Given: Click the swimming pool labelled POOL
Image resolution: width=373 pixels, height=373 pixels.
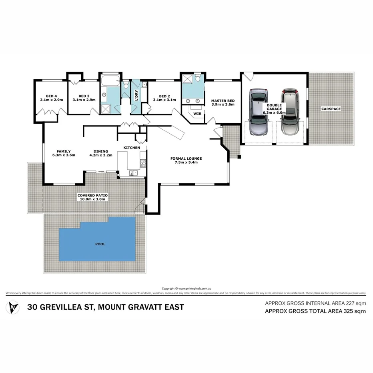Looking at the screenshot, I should tap(98, 244).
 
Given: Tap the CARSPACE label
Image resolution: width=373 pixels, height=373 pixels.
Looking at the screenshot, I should tap(331, 108).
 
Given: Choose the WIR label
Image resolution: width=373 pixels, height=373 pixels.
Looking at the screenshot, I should tap(197, 114).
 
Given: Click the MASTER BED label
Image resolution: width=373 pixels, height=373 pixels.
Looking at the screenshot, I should tap(223, 100).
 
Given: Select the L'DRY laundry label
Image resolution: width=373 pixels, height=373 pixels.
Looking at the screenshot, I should tap(136, 98).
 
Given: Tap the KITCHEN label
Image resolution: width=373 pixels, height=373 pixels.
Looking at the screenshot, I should tap(132, 148).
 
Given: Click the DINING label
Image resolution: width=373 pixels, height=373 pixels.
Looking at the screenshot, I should tap(101, 151).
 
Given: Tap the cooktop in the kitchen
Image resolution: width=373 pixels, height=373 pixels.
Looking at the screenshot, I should tap(142, 163).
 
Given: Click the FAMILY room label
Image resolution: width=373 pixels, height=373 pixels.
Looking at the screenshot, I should tap(64, 151).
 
